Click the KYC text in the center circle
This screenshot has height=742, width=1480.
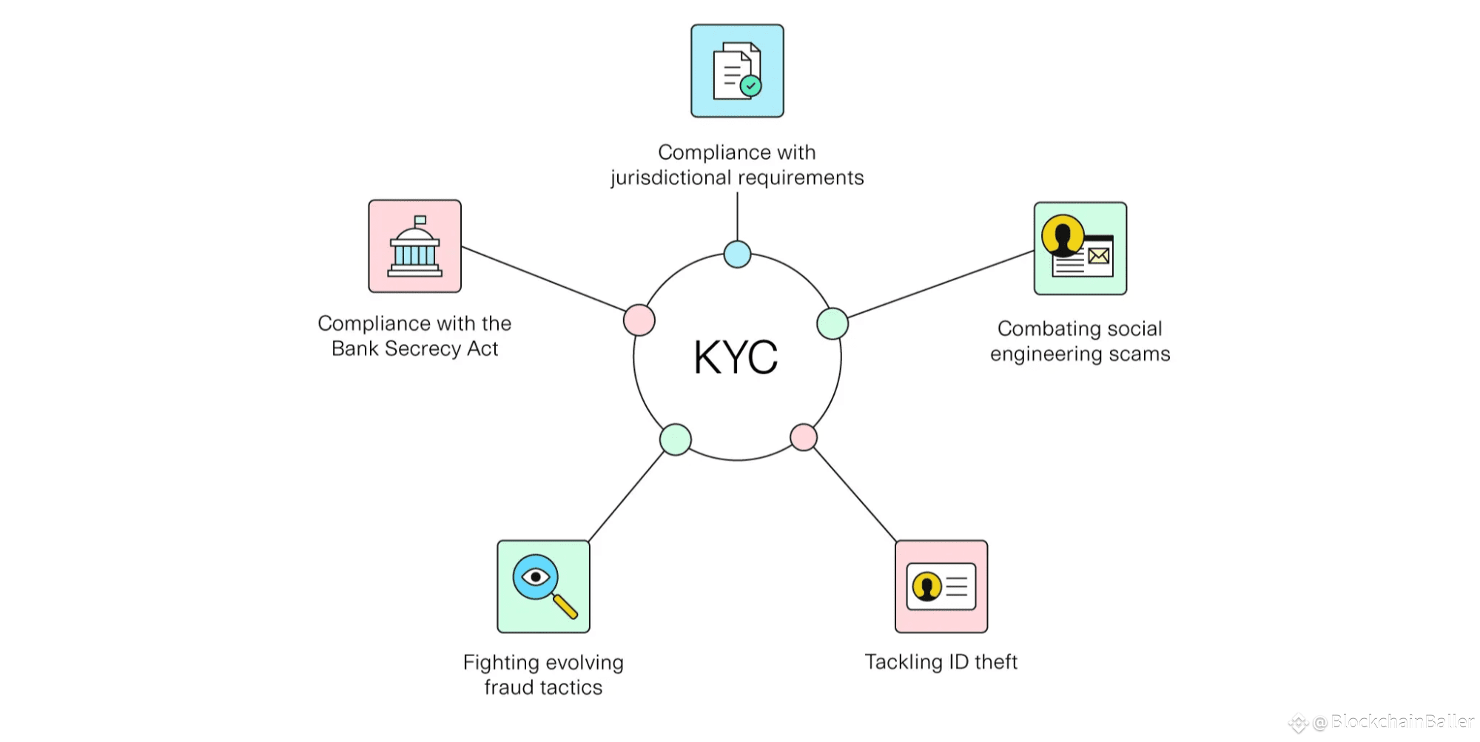click(736, 357)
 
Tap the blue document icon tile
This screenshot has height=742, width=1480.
click(737, 71)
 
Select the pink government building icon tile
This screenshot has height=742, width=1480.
click(414, 246)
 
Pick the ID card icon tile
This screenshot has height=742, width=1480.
click(941, 587)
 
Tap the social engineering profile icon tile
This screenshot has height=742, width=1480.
click(1080, 249)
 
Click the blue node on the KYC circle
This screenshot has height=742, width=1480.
click(737, 254)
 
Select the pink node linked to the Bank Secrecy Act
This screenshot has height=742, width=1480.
click(639, 320)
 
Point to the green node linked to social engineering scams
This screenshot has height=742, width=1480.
click(832, 323)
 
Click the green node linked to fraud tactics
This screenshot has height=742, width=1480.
click(676, 439)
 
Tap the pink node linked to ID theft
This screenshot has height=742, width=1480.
click(804, 437)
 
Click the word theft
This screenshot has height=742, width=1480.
click(996, 662)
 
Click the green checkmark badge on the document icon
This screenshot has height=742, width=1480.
click(751, 86)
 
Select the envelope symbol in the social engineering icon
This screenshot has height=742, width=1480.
click(1099, 256)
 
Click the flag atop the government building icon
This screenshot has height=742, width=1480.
click(420, 220)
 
